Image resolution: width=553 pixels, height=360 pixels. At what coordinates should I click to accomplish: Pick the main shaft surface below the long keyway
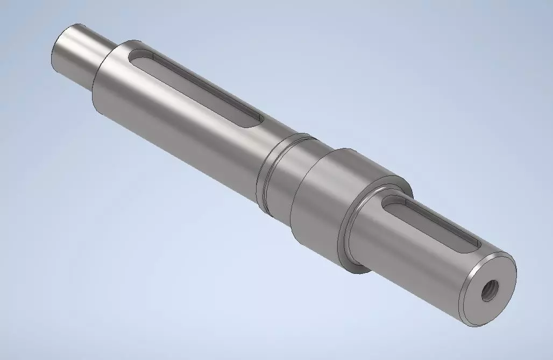[x=178, y=135]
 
